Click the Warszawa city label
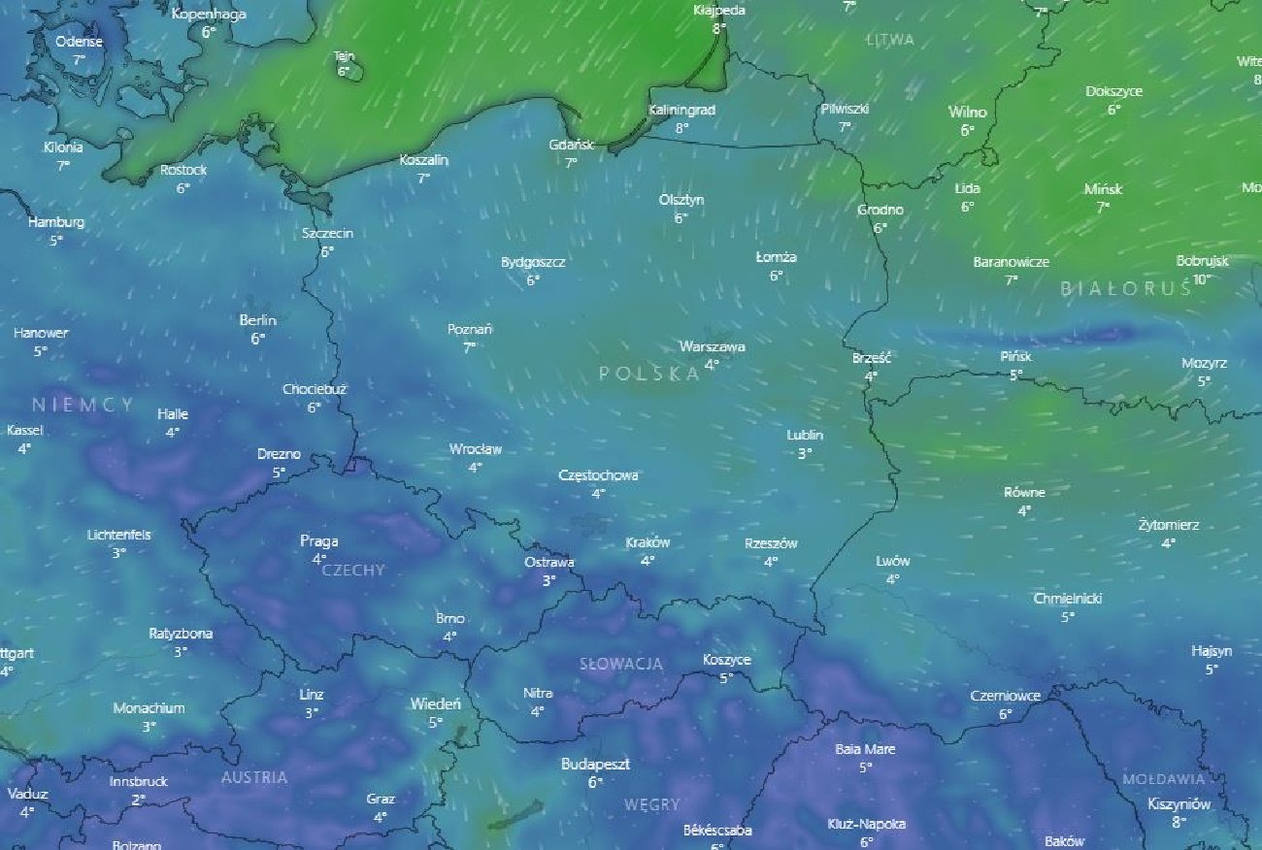712,346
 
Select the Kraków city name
648,542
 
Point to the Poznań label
469,329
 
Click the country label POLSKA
648,374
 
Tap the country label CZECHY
353,571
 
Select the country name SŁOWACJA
621,664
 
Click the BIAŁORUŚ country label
1125,288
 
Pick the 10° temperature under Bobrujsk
1202,279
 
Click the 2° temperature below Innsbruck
138,800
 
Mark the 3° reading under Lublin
804,453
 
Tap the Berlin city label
257,320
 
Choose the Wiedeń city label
435,703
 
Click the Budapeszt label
595,765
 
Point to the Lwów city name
892,561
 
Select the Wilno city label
967,112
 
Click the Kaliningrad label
681,110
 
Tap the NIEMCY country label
83,405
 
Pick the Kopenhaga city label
208,14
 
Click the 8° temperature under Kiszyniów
1179,822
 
